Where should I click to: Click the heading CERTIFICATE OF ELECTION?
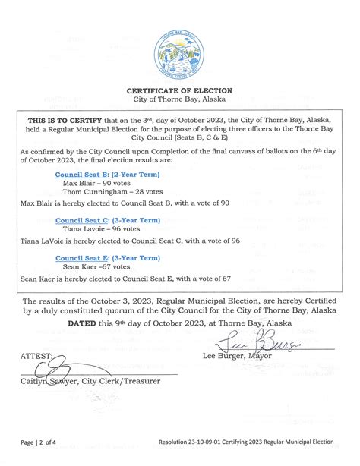click(x=179, y=90)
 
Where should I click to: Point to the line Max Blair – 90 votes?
click(x=96, y=183)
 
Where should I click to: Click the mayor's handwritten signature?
click(x=249, y=345)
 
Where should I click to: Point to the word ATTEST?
click(x=37, y=356)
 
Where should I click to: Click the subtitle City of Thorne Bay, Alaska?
click(x=179, y=99)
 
